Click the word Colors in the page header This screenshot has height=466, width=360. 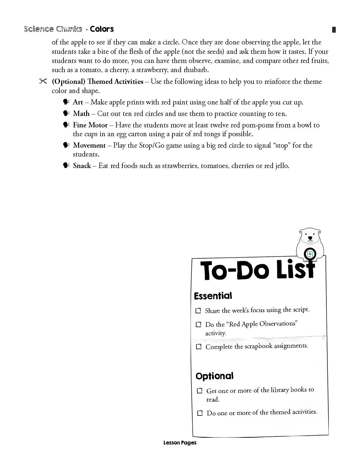pyautogui.click(x=102, y=29)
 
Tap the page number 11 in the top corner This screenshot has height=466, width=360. pyautogui.click(x=334, y=30)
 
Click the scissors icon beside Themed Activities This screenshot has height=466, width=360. pyautogui.click(x=43, y=81)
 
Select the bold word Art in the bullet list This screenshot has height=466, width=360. pyautogui.click(x=78, y=102)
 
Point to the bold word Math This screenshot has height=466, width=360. pyautogui.click(x=81, y=114)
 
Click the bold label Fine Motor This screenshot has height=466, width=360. pyautogui.click(x=90, y=125)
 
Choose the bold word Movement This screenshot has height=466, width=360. pyautogui.click(x=89, y=145)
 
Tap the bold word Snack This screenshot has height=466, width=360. pyautogui.click(x=82, y=166)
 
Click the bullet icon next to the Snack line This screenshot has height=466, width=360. pyautogui.click(x=66, y=165)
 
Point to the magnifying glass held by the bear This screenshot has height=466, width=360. pyautogui.click(x=310, y=254)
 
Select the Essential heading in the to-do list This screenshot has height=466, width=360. pyautogui.click(x=213, y=296)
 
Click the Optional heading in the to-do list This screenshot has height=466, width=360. pyautogui.click(x=214, y=376)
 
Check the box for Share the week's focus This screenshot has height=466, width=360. pyautogui.click(x=198, y=311)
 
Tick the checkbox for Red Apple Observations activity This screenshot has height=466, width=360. pyautogui.click(x=199, y=324)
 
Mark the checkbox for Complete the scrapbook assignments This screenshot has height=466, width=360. pyautogui.click(x=199, y=347)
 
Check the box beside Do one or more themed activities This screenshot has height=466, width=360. pyautogui.click(x=200, y=413)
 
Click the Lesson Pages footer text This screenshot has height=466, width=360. pyautogui.click(x=180, y=442)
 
